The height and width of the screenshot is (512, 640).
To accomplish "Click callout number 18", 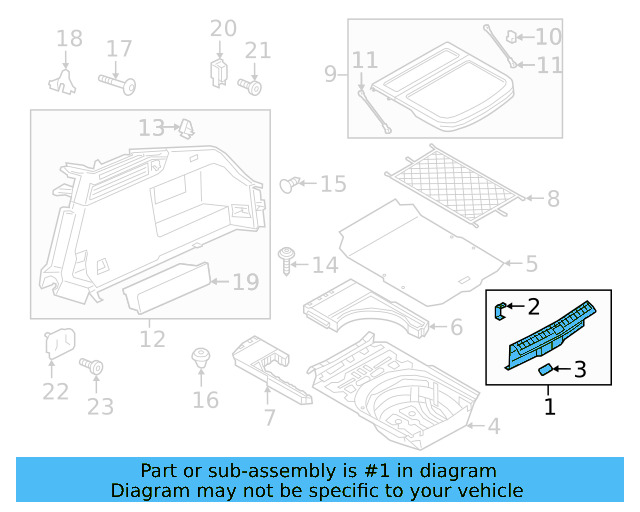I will (x=69, y=39).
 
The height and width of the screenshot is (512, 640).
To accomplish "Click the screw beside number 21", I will (x=253, y=87).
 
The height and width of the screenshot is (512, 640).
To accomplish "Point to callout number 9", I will (x=331, y=73).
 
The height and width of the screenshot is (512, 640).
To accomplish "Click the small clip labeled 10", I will (x=512, y=37).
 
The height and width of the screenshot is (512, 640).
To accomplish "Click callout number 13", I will (x=151, y=128).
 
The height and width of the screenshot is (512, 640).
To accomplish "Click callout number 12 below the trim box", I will (x=151, y=340).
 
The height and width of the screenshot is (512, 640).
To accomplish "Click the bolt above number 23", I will (x=97, y=369).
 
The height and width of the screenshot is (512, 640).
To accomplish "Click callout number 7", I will (x=269, y=417).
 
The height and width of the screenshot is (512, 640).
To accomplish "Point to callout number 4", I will (x=494, y=427).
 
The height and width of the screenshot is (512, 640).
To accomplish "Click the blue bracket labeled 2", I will (x=503, y=310).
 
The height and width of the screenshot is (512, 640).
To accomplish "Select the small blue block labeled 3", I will (x=546, y=370).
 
